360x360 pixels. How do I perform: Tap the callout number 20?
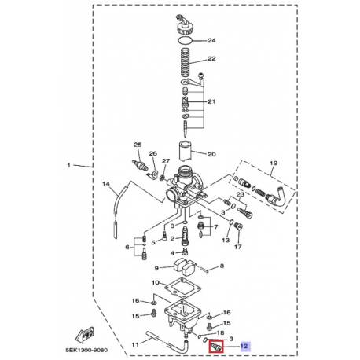click(x=210, y=156)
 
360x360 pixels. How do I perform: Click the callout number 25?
click(x=137, y=146)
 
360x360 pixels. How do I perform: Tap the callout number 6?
click(x=126, y=247)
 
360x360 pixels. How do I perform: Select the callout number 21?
click(x=211, y=102)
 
